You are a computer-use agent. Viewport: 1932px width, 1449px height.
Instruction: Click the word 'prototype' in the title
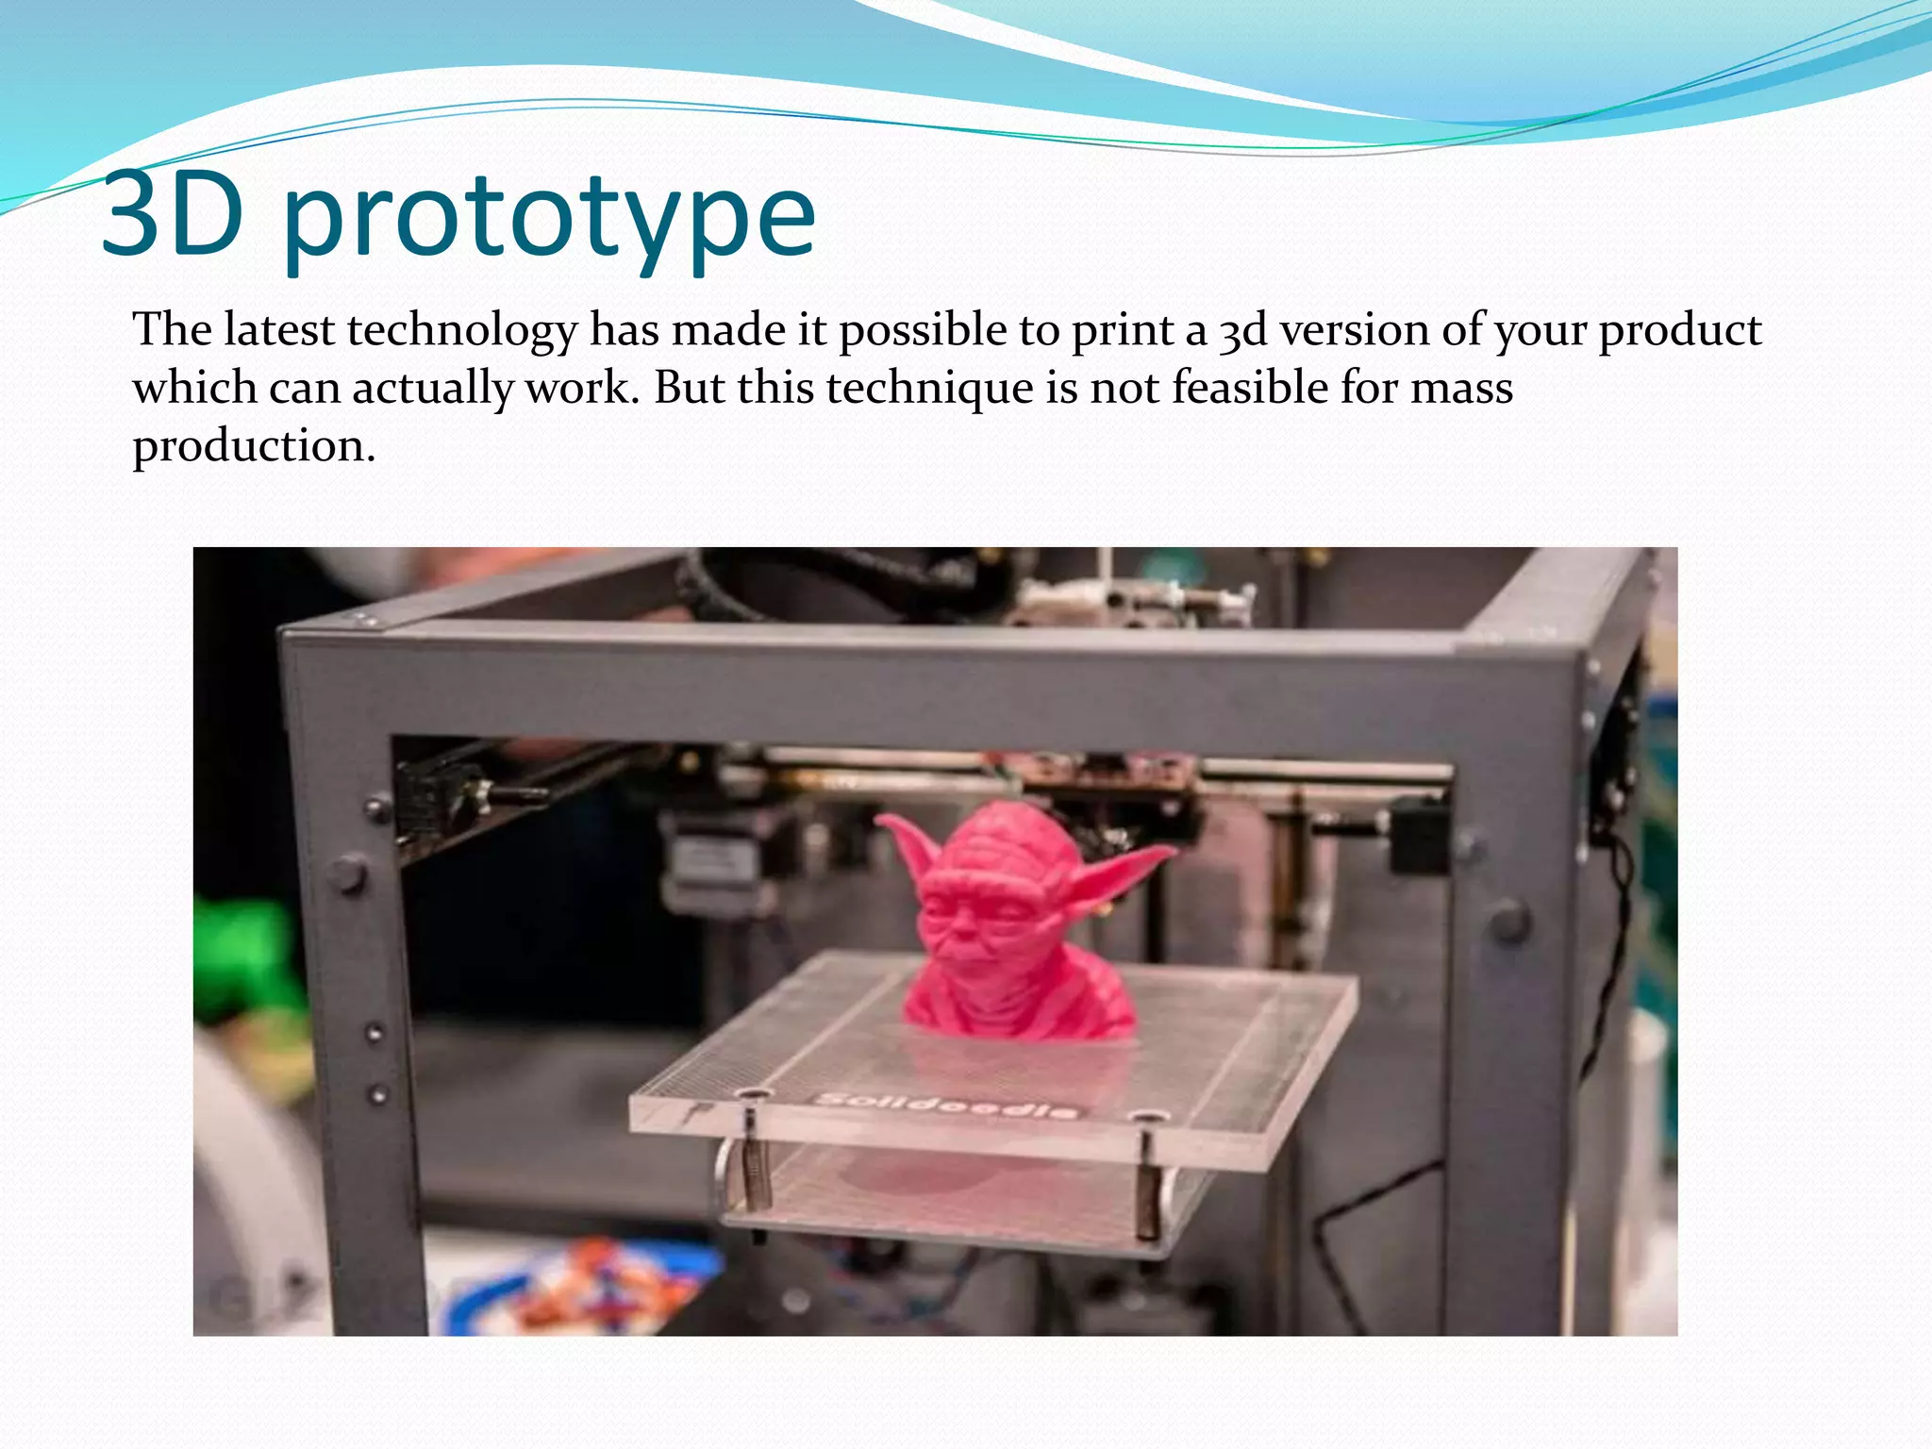click(x=549, y=219)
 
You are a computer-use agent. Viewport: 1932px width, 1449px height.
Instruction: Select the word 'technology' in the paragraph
click(x=462, y=330)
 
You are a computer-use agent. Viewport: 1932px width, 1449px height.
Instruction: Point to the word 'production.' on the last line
click(x=254, y=446)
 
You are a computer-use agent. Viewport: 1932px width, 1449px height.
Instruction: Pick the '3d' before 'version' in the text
click(x=1242, y=331)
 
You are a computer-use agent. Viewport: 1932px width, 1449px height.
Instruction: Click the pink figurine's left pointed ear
click(x=907, y=844)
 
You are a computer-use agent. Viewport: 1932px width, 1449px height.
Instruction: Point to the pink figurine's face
click(x=981, y=915)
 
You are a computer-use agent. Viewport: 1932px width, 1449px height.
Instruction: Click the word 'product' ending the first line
click(x=1679, y=331)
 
